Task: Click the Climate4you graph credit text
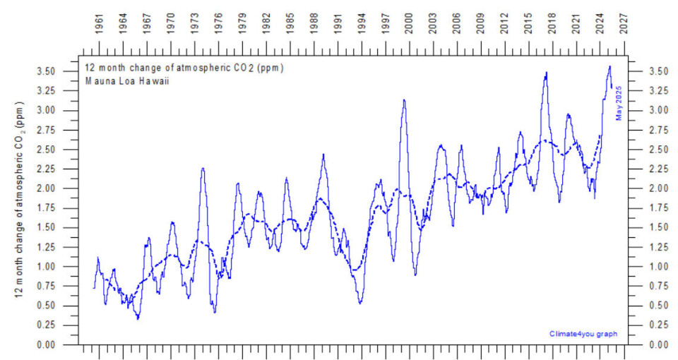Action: coord(578,333)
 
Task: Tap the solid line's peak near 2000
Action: coord(404,100)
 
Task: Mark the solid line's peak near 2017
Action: coord(546,72)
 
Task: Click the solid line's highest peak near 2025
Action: coord(609,66)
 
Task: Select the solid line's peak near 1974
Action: coord(203,168)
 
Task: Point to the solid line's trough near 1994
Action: coord(360,303)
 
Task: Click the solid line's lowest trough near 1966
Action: coord(138,319)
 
